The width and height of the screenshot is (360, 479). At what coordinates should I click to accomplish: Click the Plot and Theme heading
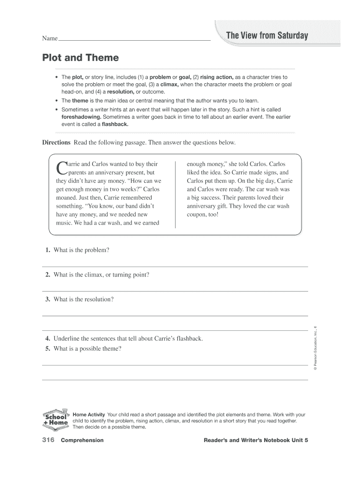pos(80,58)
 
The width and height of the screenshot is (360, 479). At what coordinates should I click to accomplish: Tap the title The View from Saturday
pos(267,36)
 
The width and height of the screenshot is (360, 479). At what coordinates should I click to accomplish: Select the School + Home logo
pos(56,419)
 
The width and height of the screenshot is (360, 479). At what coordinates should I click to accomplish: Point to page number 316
pos(49,440)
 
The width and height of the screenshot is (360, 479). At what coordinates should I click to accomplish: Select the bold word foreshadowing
pos(81,116)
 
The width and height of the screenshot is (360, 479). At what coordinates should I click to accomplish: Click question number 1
pos(48,250)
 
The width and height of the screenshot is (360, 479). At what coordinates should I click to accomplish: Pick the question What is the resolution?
pos(84,299)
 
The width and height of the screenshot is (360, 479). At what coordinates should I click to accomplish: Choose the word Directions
pos(56,142)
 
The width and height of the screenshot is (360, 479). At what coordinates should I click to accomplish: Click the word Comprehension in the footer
pos(82,441)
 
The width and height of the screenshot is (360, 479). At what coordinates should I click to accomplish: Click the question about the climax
pos(101,275)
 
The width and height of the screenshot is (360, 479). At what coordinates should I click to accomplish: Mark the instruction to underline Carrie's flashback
pos(128,338)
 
